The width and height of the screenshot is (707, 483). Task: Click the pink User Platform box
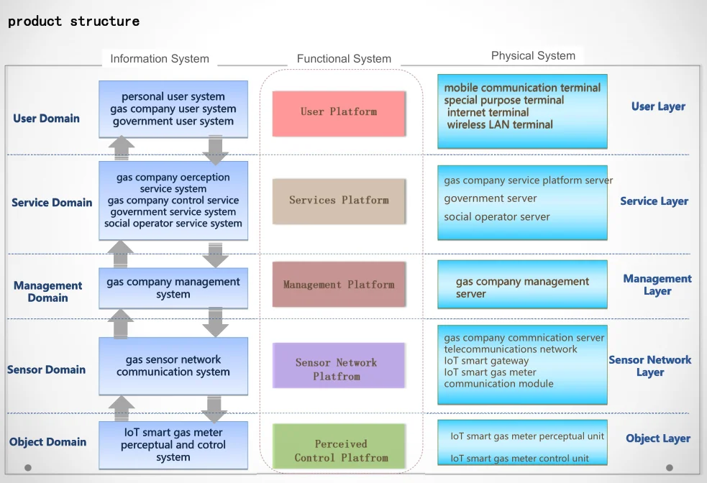(x=339, y=114)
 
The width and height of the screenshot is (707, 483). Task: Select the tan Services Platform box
(x=339, y=201)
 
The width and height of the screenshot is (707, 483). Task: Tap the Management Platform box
(x=339, y=285)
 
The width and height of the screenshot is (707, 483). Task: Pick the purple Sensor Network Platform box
(x=339, y=365)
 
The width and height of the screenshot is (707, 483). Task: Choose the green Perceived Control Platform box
(x=339, y=446)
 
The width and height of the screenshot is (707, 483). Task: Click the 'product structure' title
(x=73, y=22)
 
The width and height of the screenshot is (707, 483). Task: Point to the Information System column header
(x=160, y=58)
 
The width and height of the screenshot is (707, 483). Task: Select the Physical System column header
(x=533, y=55)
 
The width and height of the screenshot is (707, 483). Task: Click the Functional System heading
(x=344, y=58)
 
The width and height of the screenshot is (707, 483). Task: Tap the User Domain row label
(x=47, y=119)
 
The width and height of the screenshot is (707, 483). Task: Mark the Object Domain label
(x=47, y=442)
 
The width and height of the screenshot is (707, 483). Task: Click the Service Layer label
(x=654, y=201)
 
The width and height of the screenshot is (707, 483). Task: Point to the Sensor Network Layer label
(x=649, y=366)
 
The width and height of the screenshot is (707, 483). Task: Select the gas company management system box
(x=173, y=288)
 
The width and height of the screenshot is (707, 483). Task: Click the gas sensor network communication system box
(x=173, y=366)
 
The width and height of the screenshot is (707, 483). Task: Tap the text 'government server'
(x=490, y=198)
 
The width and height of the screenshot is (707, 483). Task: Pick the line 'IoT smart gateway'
(x=486, y=361)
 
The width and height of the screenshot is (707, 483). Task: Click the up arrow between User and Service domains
(x=122, y=148)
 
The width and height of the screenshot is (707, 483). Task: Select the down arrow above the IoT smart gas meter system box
(x=214, y=410)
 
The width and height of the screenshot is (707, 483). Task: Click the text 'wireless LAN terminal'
(x=500, y=125)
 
